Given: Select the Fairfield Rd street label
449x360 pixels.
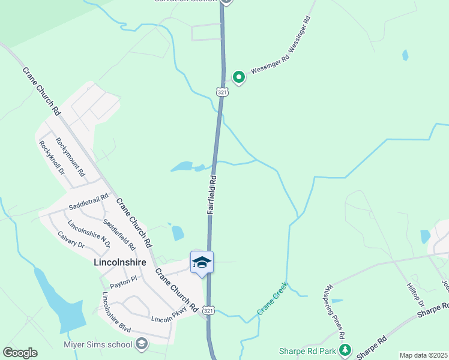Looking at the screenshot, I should pos(212,195).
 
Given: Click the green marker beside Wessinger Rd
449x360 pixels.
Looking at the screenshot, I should pos(239,77).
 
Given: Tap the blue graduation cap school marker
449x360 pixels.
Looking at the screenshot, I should pos(202,262).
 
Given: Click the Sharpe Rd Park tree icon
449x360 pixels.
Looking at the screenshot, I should pos(345,350).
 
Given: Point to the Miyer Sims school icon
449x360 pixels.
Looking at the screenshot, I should pos(142,344).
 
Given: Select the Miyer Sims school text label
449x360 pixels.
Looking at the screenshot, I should pos(98,344).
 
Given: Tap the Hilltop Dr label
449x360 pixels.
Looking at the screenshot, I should pos(415,296).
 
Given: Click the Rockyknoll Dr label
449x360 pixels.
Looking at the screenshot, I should pos(52,157).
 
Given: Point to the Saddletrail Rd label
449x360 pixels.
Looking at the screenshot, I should pos(88,201).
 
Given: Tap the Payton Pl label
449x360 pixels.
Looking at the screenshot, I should pos(122,279).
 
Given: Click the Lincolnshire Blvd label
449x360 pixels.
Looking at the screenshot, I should pos(116,311).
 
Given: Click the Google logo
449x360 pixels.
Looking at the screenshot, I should pos(20,353).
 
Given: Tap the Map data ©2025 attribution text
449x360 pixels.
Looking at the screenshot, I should pos(423,355).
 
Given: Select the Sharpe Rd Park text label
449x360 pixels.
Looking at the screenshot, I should pos(307,350).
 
